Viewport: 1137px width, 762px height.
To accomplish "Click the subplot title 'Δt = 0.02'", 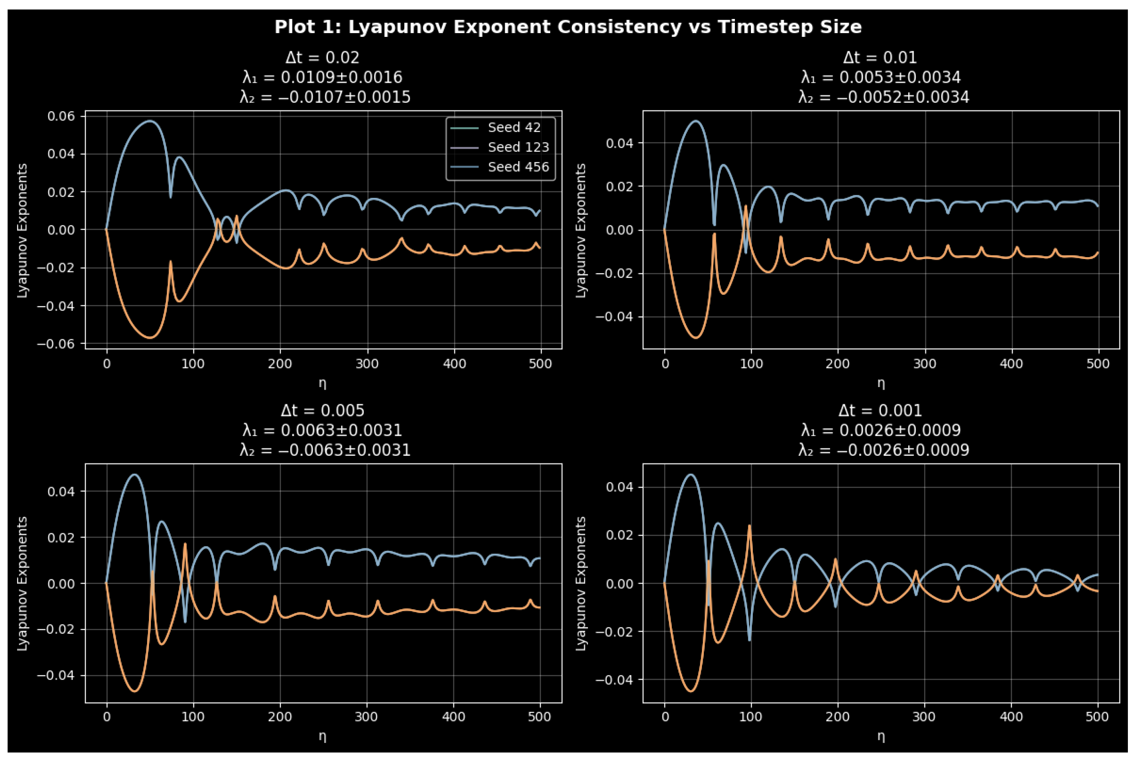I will point(322,57).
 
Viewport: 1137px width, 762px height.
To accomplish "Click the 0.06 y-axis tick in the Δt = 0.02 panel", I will point(61,116).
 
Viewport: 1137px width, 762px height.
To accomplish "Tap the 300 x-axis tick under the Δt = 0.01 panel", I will point(925,364).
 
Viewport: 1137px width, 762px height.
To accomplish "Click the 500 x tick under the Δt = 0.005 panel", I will point(540,717).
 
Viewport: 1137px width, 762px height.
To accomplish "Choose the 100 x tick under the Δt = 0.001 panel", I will point(751,717).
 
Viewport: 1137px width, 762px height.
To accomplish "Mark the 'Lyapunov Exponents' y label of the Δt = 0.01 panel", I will point(581,230).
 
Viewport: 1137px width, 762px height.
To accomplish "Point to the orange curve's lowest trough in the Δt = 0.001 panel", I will point(691,691).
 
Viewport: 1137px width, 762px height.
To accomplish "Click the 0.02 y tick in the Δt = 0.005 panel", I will point(61,538).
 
